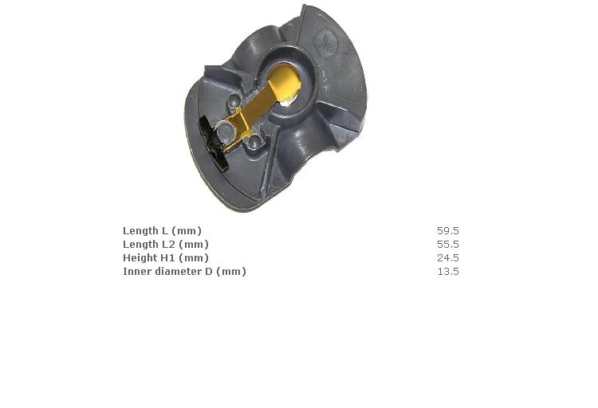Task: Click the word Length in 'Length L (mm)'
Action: pyautogui.click(x=140, y=231)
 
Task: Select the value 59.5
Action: pyautogui.click(x=448, y=231)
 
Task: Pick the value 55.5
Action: pyautogui.click(x=448, y=245)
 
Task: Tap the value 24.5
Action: pyautogui.click(x=448, y=258)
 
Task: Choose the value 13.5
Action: pyautogui.click(x=448, y=272)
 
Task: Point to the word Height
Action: pyautogui.click(x=140, y=258)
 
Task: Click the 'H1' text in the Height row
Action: pyautogui.click(x=168, y=258)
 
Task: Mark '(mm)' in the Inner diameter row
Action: pyautogui.click(x=231, y=272)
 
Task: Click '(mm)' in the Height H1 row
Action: pyautogui.click(x=194, y=258)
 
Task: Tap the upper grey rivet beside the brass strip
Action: pyautogui.click(x=233, y=100)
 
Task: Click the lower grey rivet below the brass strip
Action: pyautogui.click(x=254, y=142)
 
